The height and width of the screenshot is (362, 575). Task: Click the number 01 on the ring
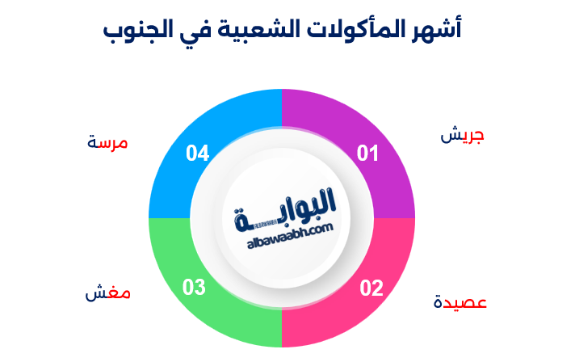[367, 154]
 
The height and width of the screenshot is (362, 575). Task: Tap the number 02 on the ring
[371, 288]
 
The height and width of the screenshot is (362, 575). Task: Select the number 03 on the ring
[194, 287]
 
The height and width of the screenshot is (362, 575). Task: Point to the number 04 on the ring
[197, 154]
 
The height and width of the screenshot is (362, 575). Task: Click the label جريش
[462, 135]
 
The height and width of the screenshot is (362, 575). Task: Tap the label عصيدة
[460, 302]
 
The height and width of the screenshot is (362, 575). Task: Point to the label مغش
[108, 293]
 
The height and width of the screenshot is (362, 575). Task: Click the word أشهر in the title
[435, 29]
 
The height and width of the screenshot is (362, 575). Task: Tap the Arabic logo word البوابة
[285, 210]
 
